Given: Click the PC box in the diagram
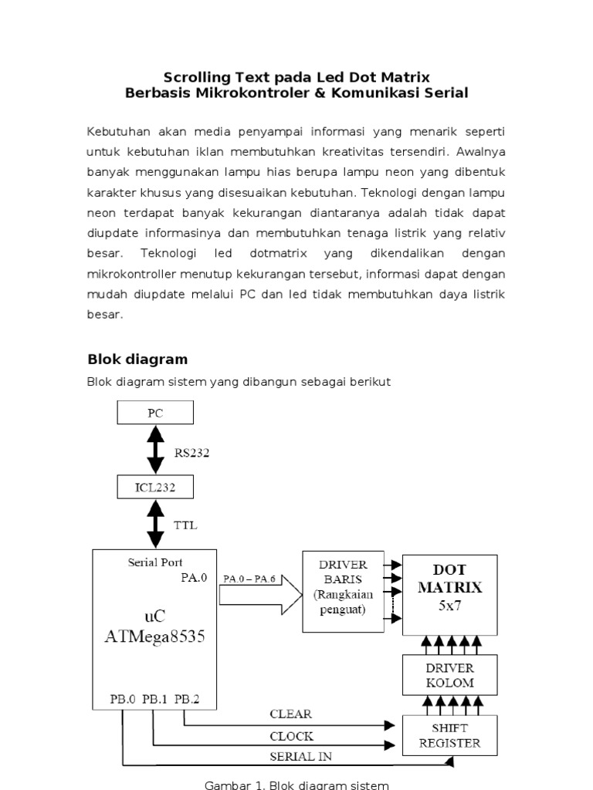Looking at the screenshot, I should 155,413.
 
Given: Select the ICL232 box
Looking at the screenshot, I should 155,487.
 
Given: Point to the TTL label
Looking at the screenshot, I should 185,525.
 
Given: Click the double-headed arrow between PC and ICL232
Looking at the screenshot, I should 155,450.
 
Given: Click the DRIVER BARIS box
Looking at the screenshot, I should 342,592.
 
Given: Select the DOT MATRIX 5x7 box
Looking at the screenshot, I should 449,594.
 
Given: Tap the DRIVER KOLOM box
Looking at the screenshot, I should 449,674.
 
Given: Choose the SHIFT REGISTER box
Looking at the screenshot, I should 449,735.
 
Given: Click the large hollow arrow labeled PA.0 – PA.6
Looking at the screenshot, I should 259,593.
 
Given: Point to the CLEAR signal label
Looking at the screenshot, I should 290,714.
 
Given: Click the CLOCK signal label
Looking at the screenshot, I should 291,736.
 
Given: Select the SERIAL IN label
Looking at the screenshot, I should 300,756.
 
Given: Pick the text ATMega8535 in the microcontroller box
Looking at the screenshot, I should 155,637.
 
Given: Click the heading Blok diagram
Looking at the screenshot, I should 137,360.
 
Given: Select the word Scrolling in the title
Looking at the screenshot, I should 194,77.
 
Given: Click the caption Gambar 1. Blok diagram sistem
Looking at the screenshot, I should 296,785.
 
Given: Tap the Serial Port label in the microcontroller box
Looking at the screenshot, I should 155,562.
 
